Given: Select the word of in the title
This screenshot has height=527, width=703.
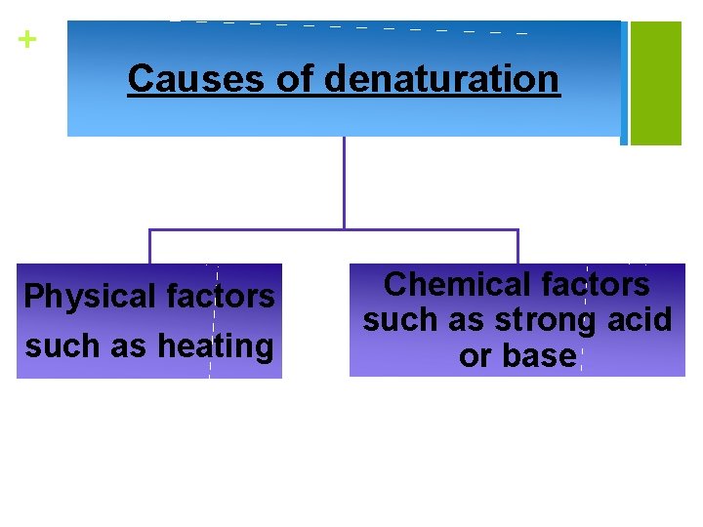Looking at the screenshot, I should point(296,78).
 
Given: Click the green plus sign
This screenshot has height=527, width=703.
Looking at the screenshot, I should point(27,40).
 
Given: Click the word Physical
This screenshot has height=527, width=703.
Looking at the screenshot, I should point(89,297).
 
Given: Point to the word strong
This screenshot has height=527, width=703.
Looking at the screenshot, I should point(543,320).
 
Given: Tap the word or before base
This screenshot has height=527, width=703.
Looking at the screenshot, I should point(476,356).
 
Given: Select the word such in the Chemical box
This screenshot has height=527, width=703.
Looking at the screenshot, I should point(397,320).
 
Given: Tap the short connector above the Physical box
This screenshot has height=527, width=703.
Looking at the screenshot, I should point(149,247).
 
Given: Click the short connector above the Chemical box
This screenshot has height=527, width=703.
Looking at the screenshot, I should point(517,247).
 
